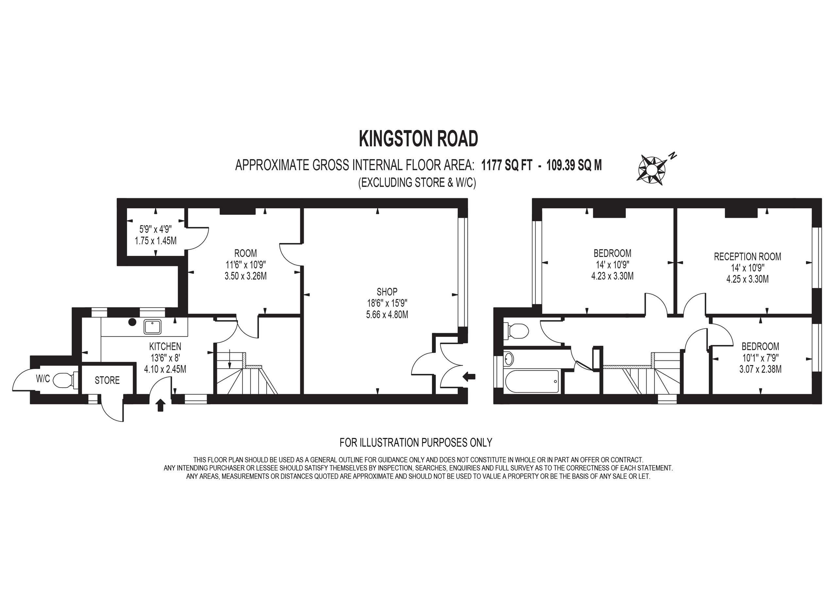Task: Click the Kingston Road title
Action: point(418,138)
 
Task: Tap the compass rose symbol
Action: point(652,168)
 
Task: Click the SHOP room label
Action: point(387,292)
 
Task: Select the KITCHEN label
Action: point(165,346)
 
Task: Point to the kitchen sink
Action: point(152,327)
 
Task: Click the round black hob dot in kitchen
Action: point(132,322)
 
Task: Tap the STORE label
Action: point(107,380)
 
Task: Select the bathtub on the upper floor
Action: point(532,382)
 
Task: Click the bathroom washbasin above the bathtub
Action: point(509,359)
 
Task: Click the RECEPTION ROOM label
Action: point(747,256)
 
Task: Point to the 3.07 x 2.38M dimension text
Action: point(760,369)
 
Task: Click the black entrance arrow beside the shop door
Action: point(469,376)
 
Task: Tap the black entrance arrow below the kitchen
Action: point(161,405)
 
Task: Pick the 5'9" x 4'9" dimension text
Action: point(156,230)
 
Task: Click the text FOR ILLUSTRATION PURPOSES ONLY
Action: point(416,442)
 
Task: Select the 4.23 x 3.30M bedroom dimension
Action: point(612,276)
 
